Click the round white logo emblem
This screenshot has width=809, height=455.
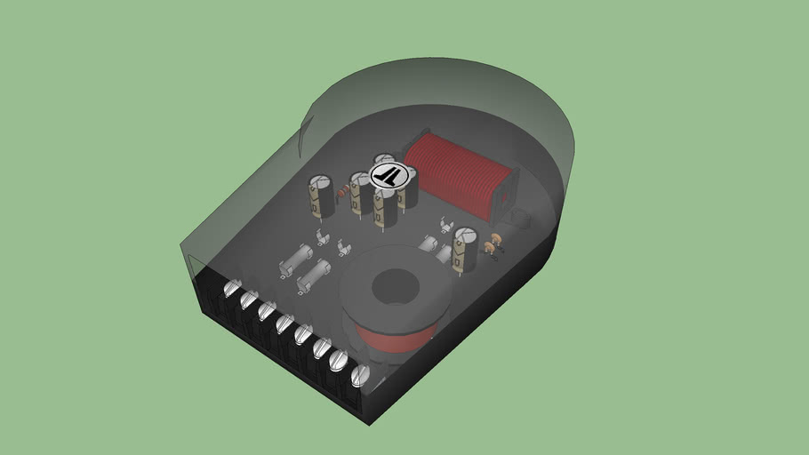coord(387,174)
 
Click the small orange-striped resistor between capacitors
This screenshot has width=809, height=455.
coord(341,192)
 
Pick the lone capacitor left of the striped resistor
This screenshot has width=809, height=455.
coord(320,196)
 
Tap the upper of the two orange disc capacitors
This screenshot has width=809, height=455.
coord(496,237)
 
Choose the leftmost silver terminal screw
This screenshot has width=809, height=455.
coord(233,290)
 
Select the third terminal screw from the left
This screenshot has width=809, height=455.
coord(266,312)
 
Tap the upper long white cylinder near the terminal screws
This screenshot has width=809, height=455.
coord(294,259)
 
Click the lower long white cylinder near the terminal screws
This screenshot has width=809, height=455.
coord(312,277)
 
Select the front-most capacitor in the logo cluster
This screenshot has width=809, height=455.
coord(385,207)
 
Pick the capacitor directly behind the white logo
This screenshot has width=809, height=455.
coord(384,161)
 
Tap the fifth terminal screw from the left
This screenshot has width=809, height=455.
coord(302,337)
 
